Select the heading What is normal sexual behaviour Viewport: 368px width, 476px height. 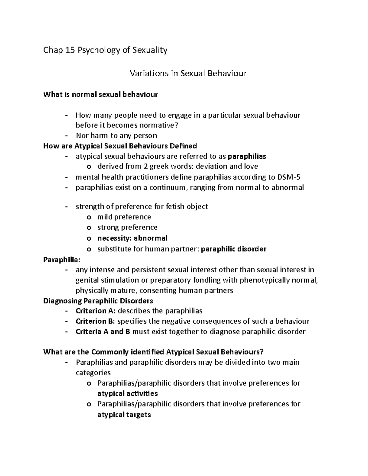tap(100, 94)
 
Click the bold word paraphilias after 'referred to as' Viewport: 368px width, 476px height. tap(247, 156)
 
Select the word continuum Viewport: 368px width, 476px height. tap(167, 188)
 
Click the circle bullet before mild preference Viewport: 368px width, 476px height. tap(89, 217)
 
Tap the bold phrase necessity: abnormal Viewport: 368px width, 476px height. tap(132, 238)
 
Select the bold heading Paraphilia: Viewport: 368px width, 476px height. tap(62, 260)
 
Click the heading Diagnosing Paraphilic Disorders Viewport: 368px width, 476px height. tap(98, 301)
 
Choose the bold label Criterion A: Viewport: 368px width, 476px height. tap(95, 311)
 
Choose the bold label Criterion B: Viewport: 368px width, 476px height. tap(95, 321)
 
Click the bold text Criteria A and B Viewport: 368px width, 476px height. tap(103, 332)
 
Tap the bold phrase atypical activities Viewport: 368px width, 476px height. tap(128, 394)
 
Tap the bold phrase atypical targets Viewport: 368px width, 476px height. tap(124, 415)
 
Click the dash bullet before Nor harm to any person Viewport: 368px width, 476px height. tap(67, 135)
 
